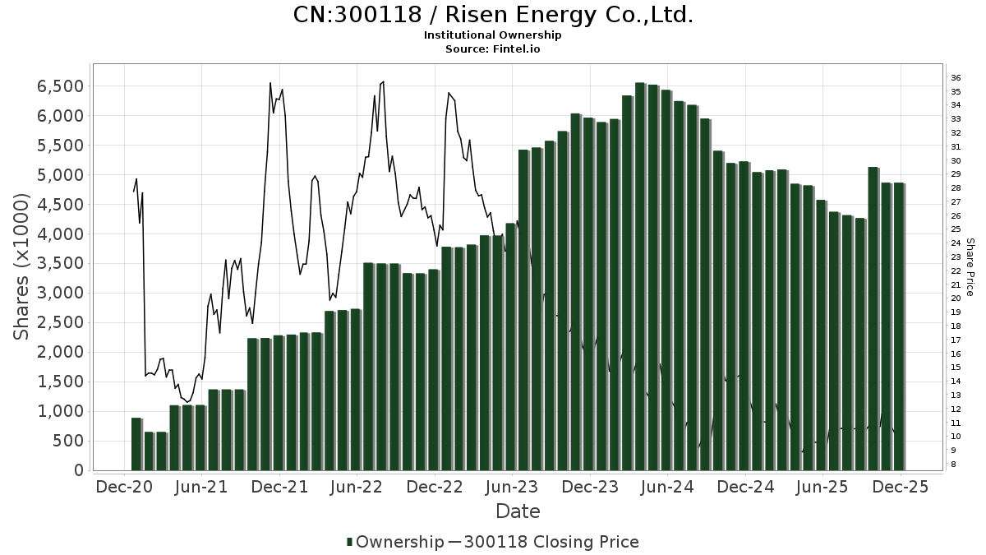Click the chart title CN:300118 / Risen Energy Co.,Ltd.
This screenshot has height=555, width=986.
pos(493,15)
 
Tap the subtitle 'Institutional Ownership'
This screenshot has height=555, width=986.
pos(492,35)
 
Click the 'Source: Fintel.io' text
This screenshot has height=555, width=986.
pos(492,49)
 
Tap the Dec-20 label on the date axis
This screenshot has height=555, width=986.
pos(124,487)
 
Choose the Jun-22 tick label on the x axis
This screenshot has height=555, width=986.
pos(357,487)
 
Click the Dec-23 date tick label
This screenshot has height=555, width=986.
pos(591,487)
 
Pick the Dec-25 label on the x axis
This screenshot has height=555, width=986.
pos(901,487)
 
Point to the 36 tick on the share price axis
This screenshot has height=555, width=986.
pos(956,77)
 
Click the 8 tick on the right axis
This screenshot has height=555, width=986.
pos(953,465)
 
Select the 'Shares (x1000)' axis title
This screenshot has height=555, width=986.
pos(21,266)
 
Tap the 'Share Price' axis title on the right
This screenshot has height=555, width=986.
pos(970,266)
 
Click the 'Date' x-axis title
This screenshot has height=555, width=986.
pos(518,511)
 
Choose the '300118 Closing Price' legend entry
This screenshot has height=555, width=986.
pos(551,542)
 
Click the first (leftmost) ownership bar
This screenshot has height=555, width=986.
pos(136,444)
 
